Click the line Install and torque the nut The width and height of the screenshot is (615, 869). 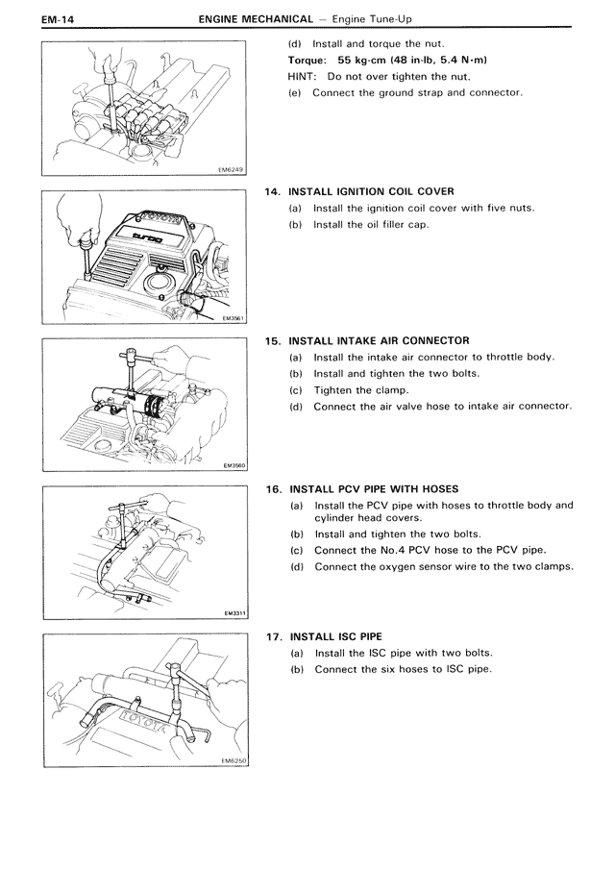pos(376,43)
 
